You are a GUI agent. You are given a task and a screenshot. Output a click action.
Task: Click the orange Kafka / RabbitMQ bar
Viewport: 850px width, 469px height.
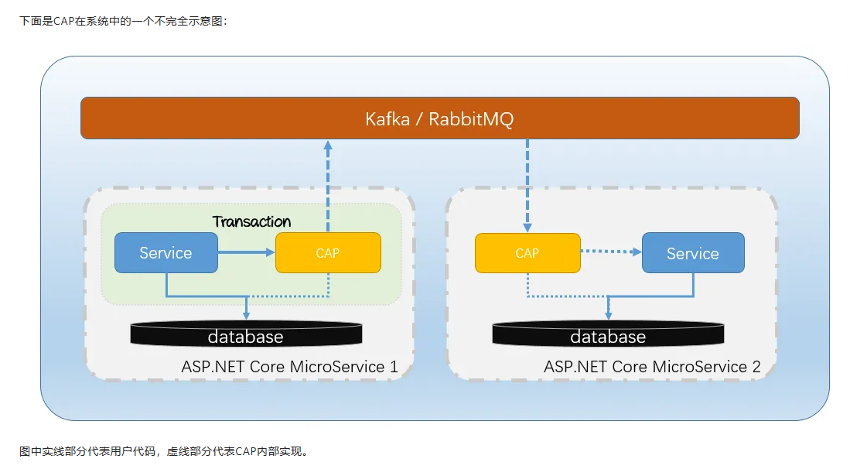(439, 118)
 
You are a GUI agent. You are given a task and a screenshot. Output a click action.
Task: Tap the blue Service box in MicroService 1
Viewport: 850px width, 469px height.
(166, 252)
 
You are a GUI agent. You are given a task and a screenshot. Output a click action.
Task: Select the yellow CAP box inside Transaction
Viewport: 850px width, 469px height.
(328, 252)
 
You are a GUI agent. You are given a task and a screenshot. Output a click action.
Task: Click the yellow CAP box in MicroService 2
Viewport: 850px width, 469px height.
(527, 253)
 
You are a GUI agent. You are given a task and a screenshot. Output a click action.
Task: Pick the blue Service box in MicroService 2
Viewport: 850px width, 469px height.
(693, 253)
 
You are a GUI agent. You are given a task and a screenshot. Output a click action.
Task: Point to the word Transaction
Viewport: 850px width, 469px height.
(251, 221)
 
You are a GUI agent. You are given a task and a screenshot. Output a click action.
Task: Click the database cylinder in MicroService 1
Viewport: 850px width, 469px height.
(246, 334)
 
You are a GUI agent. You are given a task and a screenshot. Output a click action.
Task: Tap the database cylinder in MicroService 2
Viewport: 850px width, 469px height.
(608, 334)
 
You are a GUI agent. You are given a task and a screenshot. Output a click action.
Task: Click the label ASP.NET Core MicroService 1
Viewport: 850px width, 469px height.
(289, 367)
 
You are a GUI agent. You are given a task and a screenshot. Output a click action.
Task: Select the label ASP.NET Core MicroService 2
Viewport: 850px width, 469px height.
(652, 367)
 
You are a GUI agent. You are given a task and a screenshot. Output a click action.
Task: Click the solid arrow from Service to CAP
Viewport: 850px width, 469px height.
(247, 252)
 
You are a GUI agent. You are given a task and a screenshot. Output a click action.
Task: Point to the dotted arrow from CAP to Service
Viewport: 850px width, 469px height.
(611, 252)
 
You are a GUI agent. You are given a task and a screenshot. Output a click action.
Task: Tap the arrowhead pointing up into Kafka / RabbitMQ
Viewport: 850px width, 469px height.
(328, 145)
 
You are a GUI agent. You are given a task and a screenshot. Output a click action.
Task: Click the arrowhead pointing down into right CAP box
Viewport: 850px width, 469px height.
(527, 228)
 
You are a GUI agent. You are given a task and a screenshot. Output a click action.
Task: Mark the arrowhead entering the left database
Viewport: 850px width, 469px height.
(246, 316)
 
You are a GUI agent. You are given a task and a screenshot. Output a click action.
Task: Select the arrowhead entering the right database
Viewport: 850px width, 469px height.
(608, 316)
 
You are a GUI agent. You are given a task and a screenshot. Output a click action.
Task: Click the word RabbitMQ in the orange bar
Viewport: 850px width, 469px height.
(471, 118)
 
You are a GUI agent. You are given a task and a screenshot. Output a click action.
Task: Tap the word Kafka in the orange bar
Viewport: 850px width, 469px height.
(387, 118)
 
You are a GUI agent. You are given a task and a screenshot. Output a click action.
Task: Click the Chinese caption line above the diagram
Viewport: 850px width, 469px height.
(124, 21)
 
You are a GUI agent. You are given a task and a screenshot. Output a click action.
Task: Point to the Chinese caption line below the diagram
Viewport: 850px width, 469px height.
(164, 451)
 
